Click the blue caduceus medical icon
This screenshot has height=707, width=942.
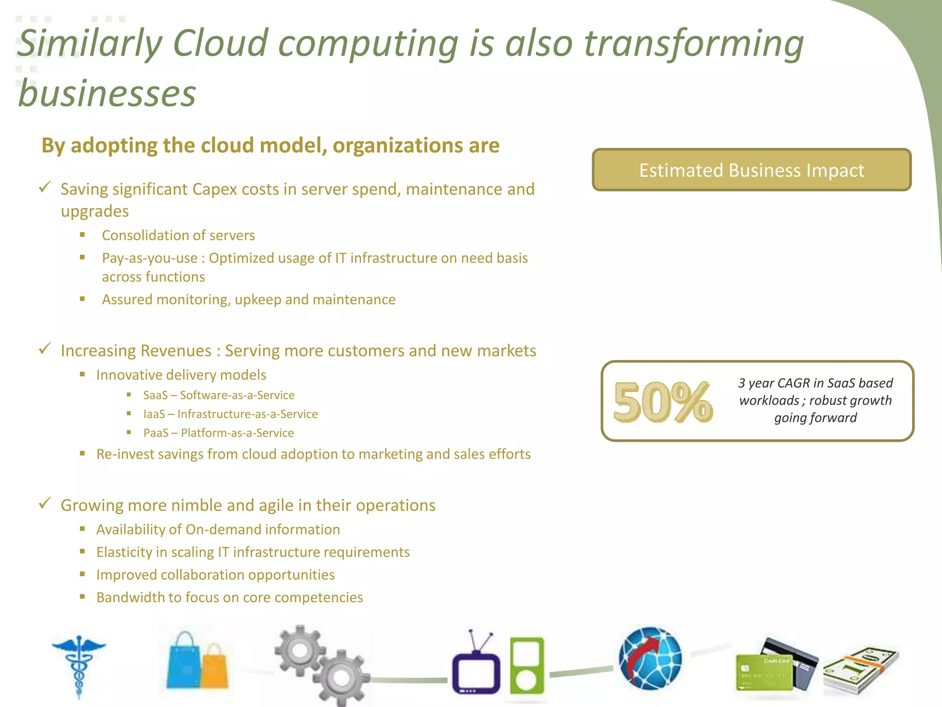79,665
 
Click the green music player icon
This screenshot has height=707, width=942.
527,666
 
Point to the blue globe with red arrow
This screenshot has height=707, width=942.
650,657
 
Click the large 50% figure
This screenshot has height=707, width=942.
663,402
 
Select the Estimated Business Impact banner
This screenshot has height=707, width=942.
752,170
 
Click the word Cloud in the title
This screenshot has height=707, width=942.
220,44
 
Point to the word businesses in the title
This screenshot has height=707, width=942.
107,93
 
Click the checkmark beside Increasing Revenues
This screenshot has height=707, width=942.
45,349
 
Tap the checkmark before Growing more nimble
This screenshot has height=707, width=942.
45,504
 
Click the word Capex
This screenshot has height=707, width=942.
215,189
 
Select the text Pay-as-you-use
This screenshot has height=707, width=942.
149,258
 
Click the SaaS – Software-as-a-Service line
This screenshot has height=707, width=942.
218,395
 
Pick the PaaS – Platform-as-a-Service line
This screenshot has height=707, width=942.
218,433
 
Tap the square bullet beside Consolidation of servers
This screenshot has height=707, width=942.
82,235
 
